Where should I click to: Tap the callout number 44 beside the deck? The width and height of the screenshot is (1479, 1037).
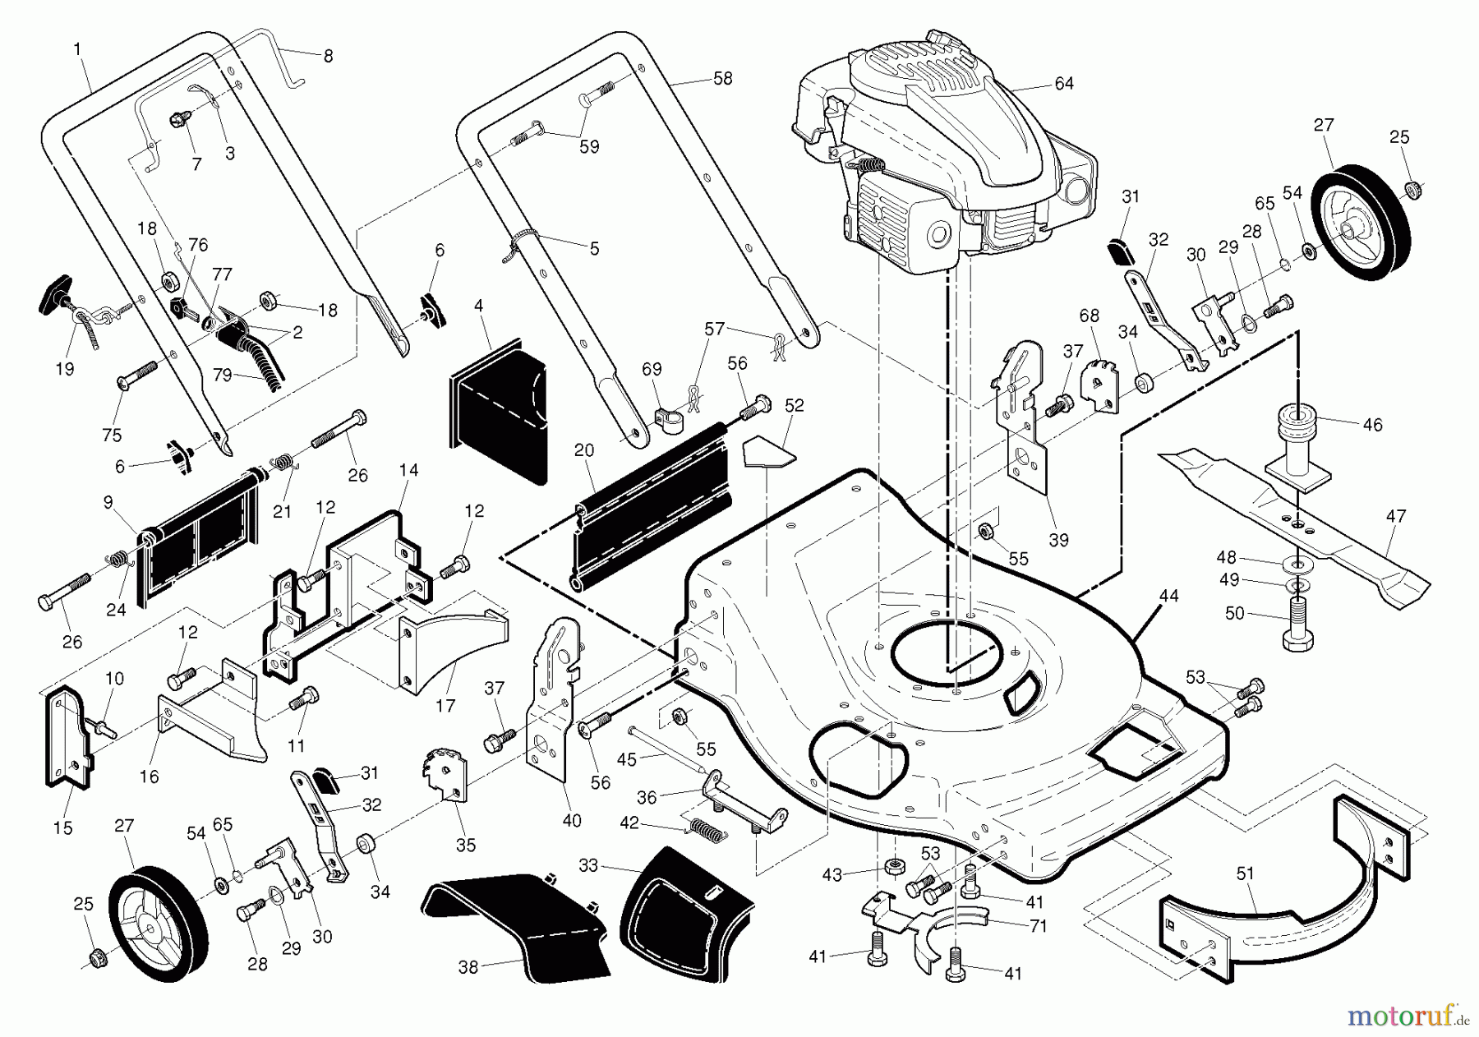1168,596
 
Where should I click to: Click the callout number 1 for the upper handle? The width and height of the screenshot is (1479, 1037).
77,49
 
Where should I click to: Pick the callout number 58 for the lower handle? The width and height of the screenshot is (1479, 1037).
722,79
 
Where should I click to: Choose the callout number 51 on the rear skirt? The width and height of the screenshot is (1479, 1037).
1246,873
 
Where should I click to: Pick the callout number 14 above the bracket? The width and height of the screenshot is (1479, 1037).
408,470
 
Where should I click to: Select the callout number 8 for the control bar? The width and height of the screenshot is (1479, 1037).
328,56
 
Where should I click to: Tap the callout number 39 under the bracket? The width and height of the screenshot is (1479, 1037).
1058,540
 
